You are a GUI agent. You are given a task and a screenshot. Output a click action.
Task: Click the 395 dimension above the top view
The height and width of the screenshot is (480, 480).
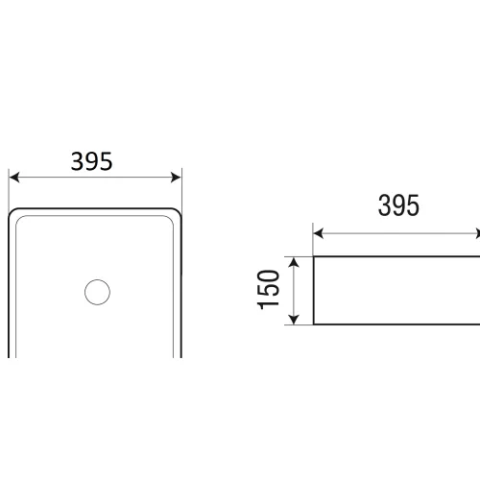(x=91, y=161)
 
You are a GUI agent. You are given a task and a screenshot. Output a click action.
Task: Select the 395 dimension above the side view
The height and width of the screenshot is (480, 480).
(x=398, y=205)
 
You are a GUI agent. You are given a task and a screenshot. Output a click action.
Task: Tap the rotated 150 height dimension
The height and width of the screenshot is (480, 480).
(x=269, y=290)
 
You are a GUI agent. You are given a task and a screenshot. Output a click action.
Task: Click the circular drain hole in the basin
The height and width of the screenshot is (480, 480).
(x=97, y=292)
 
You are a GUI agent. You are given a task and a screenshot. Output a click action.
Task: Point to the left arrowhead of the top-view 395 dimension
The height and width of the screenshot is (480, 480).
(x=14, y=178)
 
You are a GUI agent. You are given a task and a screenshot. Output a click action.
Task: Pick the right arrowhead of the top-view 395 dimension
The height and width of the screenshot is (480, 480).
(x=176, y=178)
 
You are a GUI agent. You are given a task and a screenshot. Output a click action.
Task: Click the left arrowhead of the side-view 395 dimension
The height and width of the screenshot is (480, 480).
(x=318, y=233)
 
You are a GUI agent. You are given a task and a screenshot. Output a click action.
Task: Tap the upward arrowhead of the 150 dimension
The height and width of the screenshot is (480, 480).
(x=294, y=262)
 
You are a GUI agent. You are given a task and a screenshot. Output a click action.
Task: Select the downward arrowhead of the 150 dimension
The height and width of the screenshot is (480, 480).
(x=294, y=319)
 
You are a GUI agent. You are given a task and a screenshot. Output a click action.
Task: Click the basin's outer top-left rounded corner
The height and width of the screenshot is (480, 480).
(x=12, y=212)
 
